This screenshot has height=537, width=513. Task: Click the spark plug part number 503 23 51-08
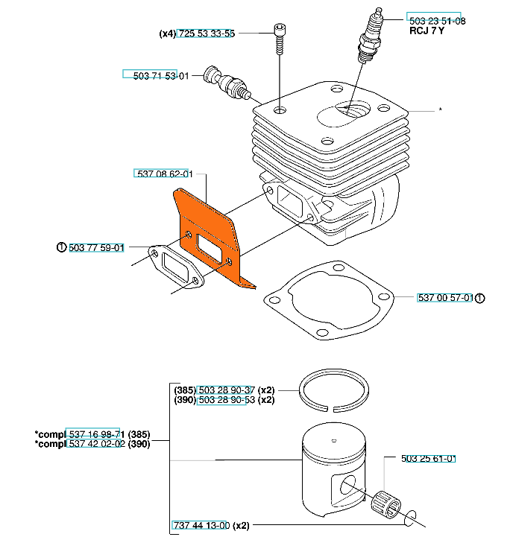(x=437, y=21)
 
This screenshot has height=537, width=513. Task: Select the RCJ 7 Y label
(x=427, y=31)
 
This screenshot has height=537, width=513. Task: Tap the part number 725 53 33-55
(x=207, y=34)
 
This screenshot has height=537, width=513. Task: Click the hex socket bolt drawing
(x=280, y=39)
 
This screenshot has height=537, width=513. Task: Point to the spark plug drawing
(x=371, y=36)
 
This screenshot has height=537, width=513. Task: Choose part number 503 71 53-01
(x=161, y=76)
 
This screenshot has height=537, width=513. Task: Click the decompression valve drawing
(x=227, y=82)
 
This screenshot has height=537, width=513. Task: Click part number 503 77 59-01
(x=96, y=247)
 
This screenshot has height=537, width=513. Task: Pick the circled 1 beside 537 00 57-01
(x=479, y=298)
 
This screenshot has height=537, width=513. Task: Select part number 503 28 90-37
(x=227, y=390)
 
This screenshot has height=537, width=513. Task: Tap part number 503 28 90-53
(x=227, y=400)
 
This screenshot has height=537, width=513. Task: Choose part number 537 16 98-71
(x=97, y=435)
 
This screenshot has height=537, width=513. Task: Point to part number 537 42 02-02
(x=97, y=444)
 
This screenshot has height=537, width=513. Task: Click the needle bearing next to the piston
(x=386, y=505)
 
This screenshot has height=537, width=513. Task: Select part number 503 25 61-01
(x=428, y=459)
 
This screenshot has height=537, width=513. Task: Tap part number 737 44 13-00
(x=201, y=525)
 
